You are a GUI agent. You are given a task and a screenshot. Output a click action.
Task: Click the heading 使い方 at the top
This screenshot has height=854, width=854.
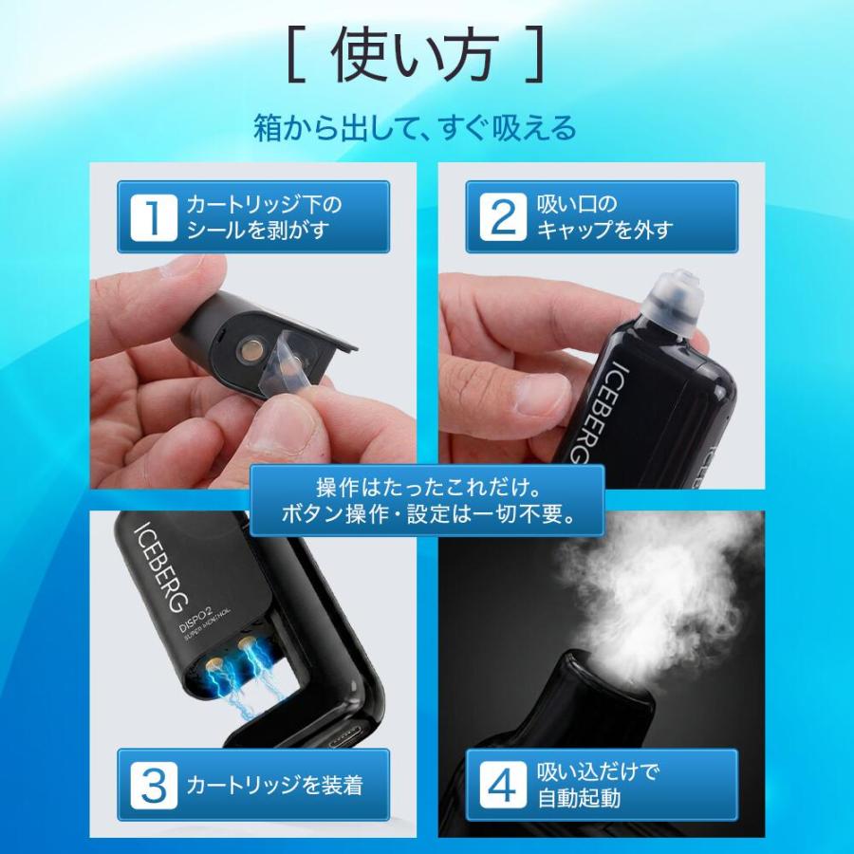[416, 59]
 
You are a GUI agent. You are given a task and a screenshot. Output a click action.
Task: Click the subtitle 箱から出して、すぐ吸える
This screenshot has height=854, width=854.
[415, 128]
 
